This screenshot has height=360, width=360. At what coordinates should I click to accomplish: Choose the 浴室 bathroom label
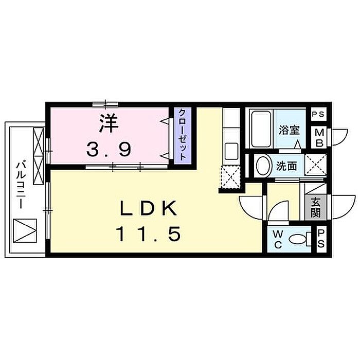tap(289, 130)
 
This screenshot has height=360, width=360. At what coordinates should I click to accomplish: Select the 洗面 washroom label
tap(286, 167)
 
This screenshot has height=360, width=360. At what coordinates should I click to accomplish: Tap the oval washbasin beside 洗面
tap(263, 166)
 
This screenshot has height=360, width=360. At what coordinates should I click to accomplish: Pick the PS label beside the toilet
tap(319, 239)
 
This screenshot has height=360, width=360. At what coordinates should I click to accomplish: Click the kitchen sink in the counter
tap(231, 151)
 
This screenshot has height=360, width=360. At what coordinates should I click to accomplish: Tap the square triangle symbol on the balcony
tap(24, 231)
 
